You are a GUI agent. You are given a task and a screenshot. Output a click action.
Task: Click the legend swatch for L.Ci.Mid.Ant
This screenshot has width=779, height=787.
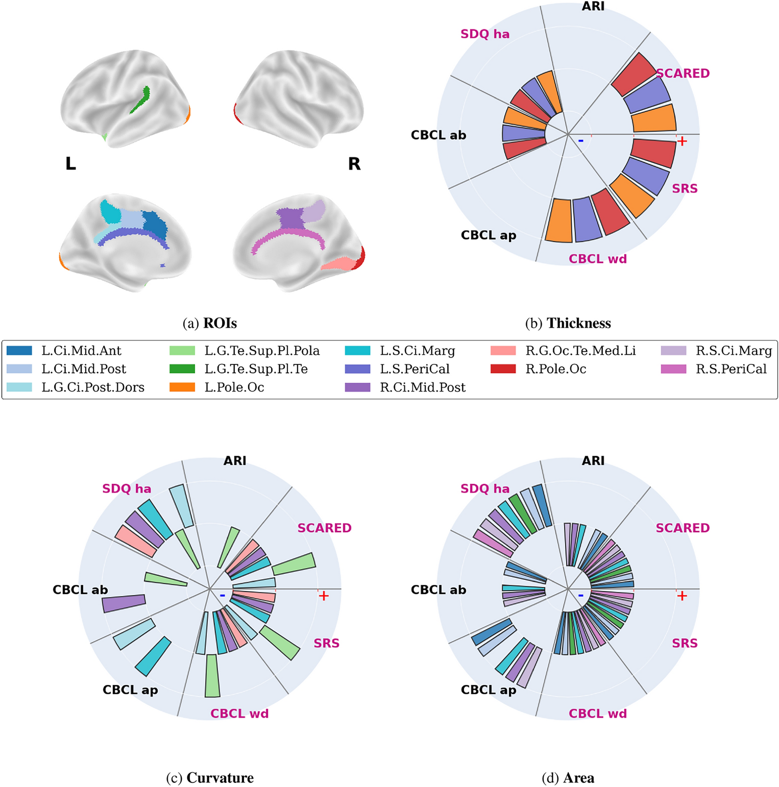[x=19, y=351]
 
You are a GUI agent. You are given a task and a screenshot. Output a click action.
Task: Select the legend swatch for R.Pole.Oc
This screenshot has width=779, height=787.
[x=503, y=369]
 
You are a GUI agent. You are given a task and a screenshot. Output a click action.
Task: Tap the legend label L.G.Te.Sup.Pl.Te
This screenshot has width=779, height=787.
[x=256, y=369]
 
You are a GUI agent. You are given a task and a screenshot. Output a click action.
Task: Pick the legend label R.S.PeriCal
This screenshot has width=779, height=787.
[x=731, y=369]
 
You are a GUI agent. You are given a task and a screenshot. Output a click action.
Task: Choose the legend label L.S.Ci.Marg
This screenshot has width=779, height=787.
[x=417, y=351]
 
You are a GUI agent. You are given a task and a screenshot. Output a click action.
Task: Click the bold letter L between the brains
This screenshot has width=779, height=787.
[x=70, y=164]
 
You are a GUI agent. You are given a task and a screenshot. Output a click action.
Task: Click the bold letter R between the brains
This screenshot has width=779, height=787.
[x=354, y=164]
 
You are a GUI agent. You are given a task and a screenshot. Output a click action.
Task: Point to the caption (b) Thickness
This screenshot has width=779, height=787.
[x=568, y=323]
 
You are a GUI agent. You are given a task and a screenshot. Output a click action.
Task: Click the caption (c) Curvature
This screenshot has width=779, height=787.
[x=210, y=778]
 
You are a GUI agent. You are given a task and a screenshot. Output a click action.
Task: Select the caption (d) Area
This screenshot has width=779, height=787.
[x=568, y=778]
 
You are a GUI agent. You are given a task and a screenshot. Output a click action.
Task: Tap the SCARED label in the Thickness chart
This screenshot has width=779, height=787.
[x=683, y=73]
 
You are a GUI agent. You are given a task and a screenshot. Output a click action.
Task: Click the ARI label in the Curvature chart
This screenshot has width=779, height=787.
[x=235, y=461]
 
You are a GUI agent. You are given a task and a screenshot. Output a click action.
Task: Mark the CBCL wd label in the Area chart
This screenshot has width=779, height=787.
[x=598, y=714]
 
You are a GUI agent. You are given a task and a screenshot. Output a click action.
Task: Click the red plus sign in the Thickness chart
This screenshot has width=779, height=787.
[x=682, y=141]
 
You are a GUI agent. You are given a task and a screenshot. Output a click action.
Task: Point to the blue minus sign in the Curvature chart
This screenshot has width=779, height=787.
[x=223, y=595]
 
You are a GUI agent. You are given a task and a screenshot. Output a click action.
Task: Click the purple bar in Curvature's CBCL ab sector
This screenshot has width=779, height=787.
[x=124, y=603]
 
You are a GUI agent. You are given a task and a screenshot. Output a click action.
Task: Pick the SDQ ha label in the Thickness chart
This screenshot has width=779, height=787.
[x=484, y=34]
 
